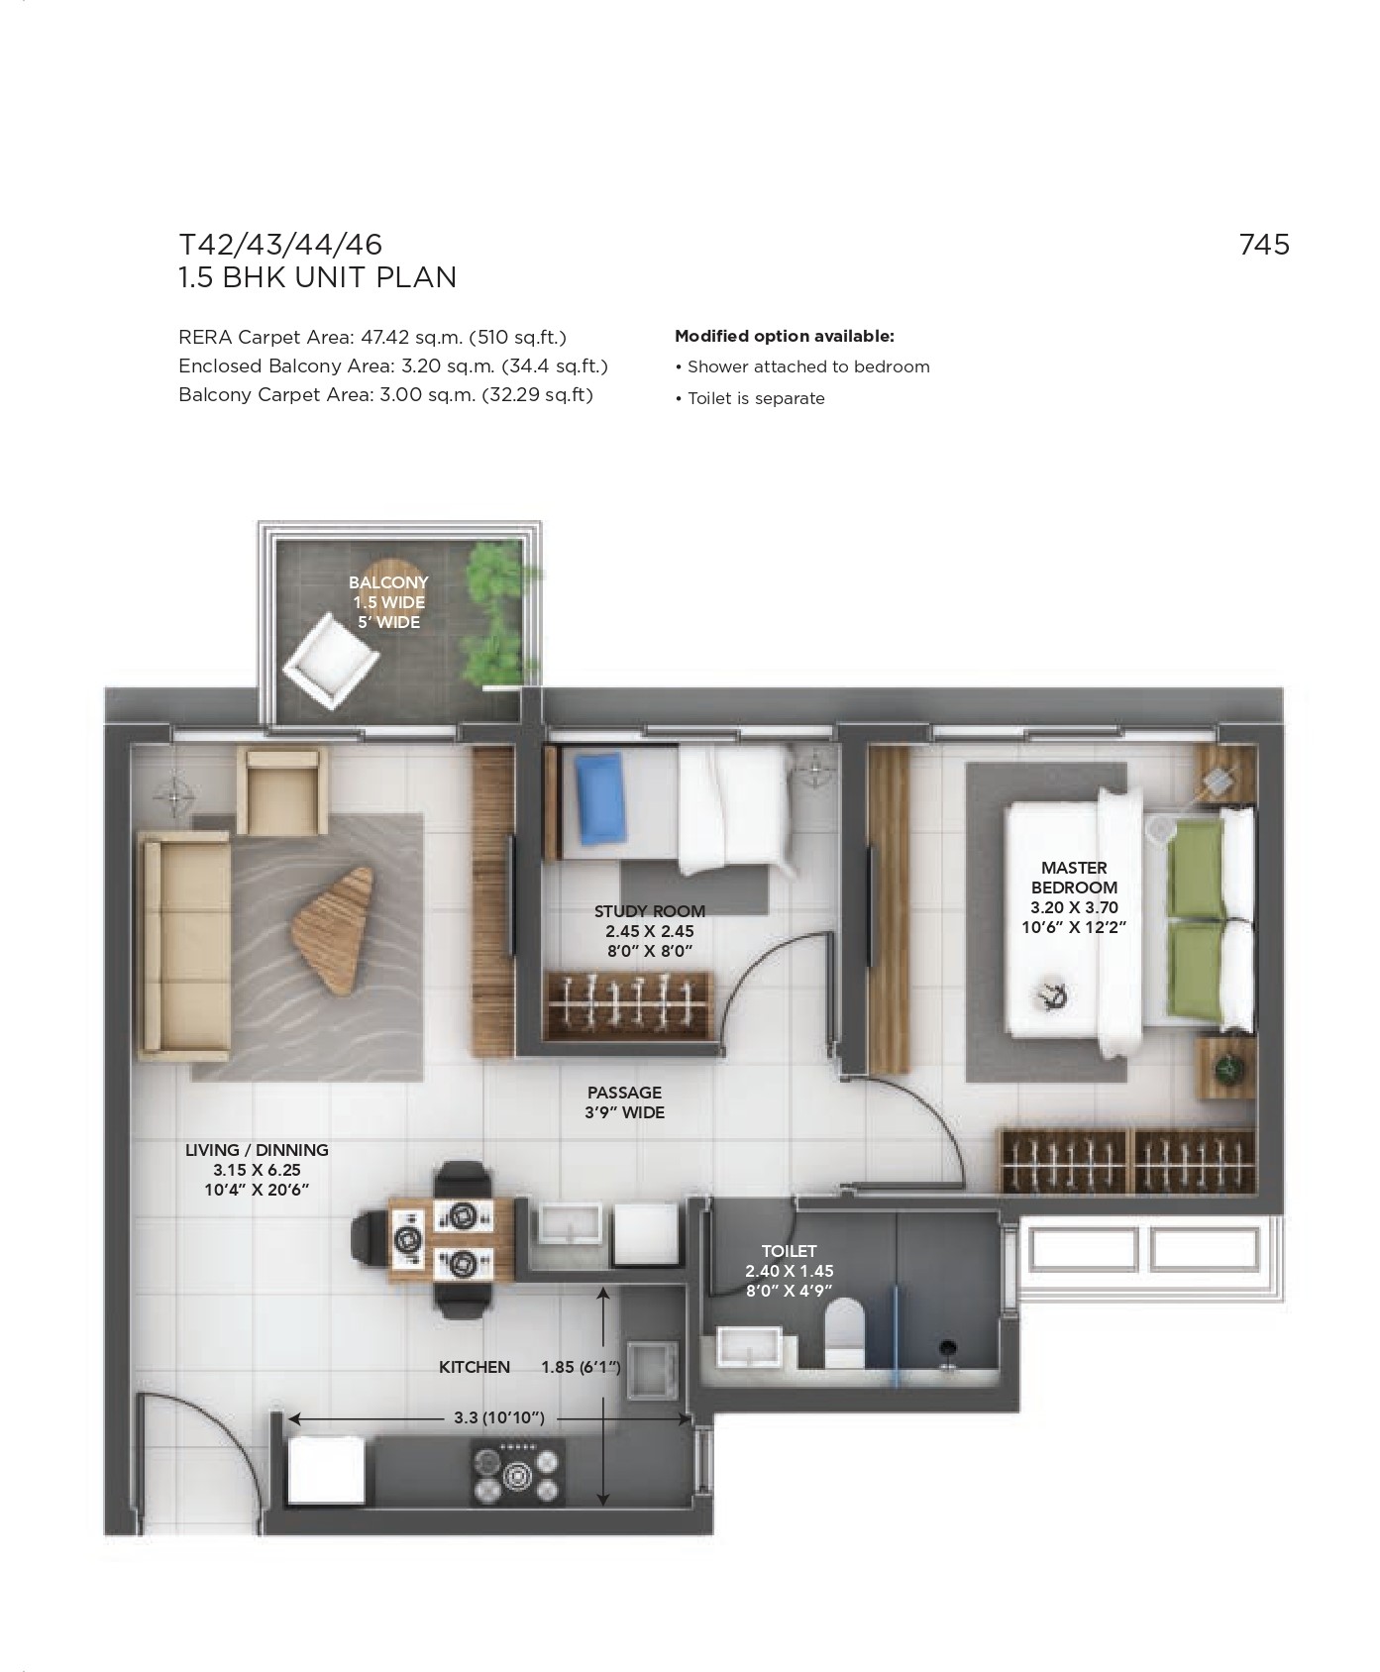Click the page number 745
coord(1264,244)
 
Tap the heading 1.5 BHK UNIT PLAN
coord(317,277)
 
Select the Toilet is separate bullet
coord(750,398)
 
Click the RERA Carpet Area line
coord(372,338)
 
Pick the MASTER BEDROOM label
coord(1074,878)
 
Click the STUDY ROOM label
coord(650,911)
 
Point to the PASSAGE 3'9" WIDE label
coord(625,1102)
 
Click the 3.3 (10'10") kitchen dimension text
coord(499,1417)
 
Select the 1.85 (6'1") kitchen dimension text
coord(581,1367)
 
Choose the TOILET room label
coord(790,1251)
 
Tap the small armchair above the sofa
coord(282,791)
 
